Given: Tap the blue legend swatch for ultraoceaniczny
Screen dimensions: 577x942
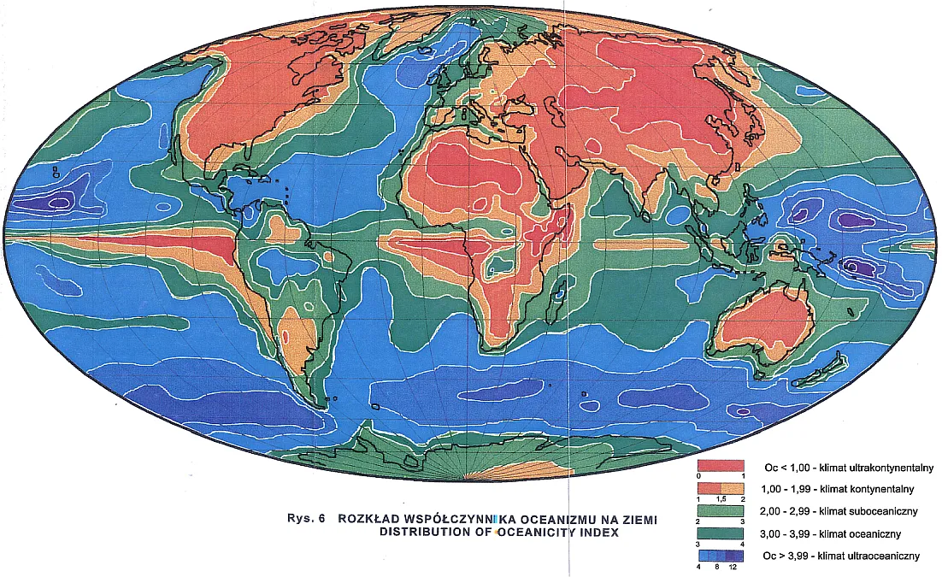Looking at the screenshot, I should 722,555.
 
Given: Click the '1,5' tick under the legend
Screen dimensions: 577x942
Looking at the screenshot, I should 721,498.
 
